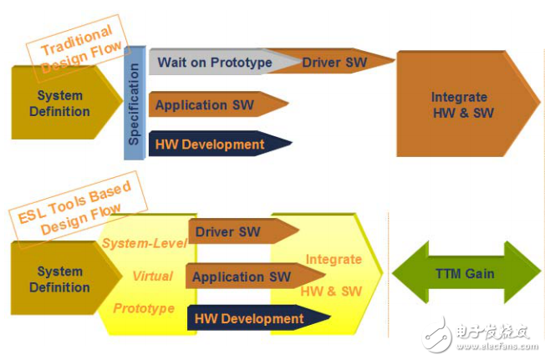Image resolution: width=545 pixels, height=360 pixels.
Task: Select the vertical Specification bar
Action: click(135, 103)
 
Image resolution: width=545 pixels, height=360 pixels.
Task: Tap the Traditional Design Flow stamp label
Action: click(79, 48)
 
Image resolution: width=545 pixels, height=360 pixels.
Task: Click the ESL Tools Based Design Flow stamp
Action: click(79, 209)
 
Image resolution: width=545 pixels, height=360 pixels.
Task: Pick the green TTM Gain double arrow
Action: click(466, 273)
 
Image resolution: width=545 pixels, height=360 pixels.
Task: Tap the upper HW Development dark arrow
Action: click(220, 144)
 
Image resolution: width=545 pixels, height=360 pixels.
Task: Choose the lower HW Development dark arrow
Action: click(258, 318)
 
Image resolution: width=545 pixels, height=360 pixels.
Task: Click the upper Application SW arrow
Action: click(218, 104)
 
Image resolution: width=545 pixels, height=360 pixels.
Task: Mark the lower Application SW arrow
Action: click(255, 276)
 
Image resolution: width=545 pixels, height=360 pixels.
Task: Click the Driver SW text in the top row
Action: click(334, 63)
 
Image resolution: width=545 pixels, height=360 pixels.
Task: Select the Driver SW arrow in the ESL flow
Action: click(243, 231)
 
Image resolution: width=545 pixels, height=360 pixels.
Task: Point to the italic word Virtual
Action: click(153, 276)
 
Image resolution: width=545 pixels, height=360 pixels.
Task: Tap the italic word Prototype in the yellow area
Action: click(144, 308)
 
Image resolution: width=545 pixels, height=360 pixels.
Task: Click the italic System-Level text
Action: click(145, 243)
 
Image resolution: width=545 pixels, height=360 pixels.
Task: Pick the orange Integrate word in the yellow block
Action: click(334, 259)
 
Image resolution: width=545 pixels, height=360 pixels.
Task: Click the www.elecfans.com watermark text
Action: click(497, 346)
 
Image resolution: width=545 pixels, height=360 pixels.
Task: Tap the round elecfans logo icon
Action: click(437, 335)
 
